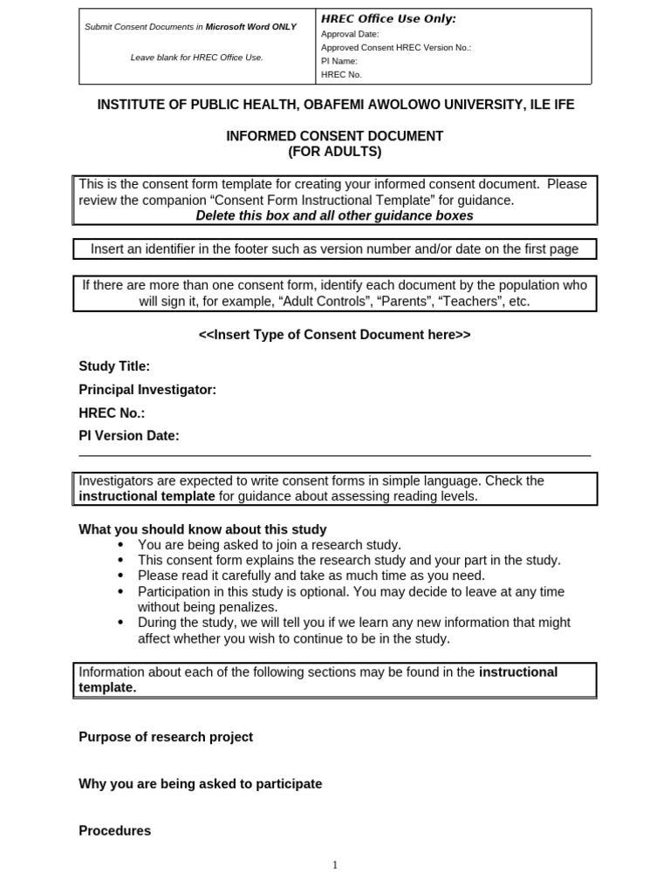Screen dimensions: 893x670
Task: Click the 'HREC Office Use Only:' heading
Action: (x=388, y=19)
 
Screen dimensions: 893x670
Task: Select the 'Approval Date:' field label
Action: (x=350, y=34)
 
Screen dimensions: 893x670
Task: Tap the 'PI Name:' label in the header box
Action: (x=339, y=61)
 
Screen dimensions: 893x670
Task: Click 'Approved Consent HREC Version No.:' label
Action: (x=396, y=48)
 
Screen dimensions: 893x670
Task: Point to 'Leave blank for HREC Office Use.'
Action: (x=196, y=58)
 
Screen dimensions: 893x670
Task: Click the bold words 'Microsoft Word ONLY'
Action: (x=250, y=27)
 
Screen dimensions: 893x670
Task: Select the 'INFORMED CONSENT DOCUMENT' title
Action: (x=335, y=136)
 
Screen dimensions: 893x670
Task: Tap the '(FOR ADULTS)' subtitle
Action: (x=335, y=152)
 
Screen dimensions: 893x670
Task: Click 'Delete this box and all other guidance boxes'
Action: (x=335, y=215)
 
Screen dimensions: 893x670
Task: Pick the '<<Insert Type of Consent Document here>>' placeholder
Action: (x=335, y=335)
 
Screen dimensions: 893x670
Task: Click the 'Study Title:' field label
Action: (x=114, y=366)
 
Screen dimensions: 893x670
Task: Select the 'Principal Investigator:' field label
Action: (x=147, y=390)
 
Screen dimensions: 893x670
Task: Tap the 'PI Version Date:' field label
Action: (x=129, y=436)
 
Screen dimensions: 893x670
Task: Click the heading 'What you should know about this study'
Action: (x=202, y=529)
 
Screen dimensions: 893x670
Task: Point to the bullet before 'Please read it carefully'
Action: (x=120, y=576)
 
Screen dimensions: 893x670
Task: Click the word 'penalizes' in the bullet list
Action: (x=250, y=607)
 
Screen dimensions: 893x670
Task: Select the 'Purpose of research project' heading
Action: (x=166, y=737)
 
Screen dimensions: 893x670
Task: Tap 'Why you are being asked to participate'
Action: (x=201, y=784)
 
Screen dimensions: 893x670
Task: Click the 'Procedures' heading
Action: (x=115, y=831)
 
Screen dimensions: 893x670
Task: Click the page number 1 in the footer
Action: (x=335, y=865)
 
